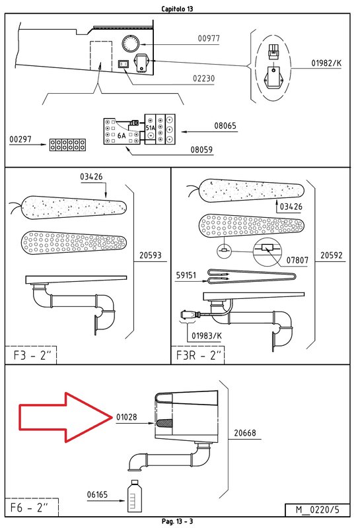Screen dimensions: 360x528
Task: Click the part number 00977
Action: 209,38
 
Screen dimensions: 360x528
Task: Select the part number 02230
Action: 203,78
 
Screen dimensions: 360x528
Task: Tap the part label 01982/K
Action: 326,63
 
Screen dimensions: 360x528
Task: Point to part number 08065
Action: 225,125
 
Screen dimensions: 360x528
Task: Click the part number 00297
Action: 20,139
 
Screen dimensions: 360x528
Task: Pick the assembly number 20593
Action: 151,255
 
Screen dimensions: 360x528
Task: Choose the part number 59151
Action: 186,275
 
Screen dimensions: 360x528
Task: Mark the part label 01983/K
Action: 207,336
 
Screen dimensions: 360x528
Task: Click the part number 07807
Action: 297,260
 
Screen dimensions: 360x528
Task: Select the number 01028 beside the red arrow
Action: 126,417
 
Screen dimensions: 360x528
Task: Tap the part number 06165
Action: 97,494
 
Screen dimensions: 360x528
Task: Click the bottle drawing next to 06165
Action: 134,496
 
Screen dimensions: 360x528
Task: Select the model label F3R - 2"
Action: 199,355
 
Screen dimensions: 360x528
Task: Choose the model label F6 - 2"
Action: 29,507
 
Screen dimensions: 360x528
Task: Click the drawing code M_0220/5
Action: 317,510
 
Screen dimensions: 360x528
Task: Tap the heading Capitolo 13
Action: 177,9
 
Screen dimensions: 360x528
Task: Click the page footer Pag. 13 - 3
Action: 177,521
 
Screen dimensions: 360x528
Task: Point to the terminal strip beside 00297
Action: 67,145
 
